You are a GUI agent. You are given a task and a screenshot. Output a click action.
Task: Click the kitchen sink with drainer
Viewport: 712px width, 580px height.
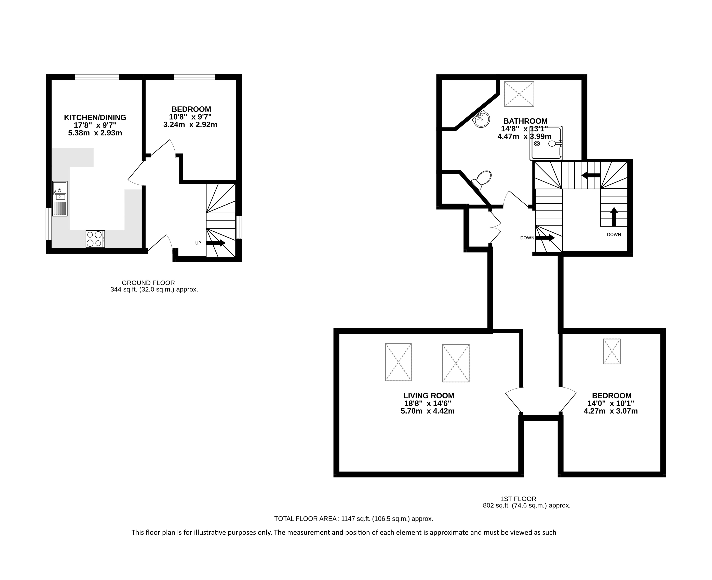click(60, 199)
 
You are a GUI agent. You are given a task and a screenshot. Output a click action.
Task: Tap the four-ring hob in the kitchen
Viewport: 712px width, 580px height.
click(95, 239)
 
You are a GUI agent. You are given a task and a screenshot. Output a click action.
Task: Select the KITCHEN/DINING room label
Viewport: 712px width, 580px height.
click(95, 118)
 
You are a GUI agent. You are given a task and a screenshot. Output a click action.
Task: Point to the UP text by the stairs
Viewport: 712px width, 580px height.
click(198, 243)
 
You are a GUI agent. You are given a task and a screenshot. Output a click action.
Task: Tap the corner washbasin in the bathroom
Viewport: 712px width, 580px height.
click(481, 119)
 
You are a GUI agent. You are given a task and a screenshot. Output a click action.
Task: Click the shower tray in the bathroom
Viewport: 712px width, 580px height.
click(546, 143)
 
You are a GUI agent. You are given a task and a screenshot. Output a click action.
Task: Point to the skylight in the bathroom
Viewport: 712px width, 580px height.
click(519, 94)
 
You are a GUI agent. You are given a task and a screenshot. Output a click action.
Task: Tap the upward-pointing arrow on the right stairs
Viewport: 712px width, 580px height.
click(614, 217)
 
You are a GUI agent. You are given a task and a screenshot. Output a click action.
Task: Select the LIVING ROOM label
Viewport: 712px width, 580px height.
click(429, 396)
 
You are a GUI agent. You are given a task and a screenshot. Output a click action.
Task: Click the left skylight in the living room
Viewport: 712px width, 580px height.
click(398, 362)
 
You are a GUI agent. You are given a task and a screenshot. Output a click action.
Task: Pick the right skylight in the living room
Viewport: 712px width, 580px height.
click(456, 363)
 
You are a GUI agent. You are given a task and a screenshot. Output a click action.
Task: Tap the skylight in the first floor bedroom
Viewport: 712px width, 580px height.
click(612, 351)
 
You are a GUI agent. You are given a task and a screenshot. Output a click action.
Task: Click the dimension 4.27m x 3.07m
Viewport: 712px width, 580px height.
click(611, 411)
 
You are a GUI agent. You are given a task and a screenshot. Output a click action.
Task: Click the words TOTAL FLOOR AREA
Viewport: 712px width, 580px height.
click(305, 519)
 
